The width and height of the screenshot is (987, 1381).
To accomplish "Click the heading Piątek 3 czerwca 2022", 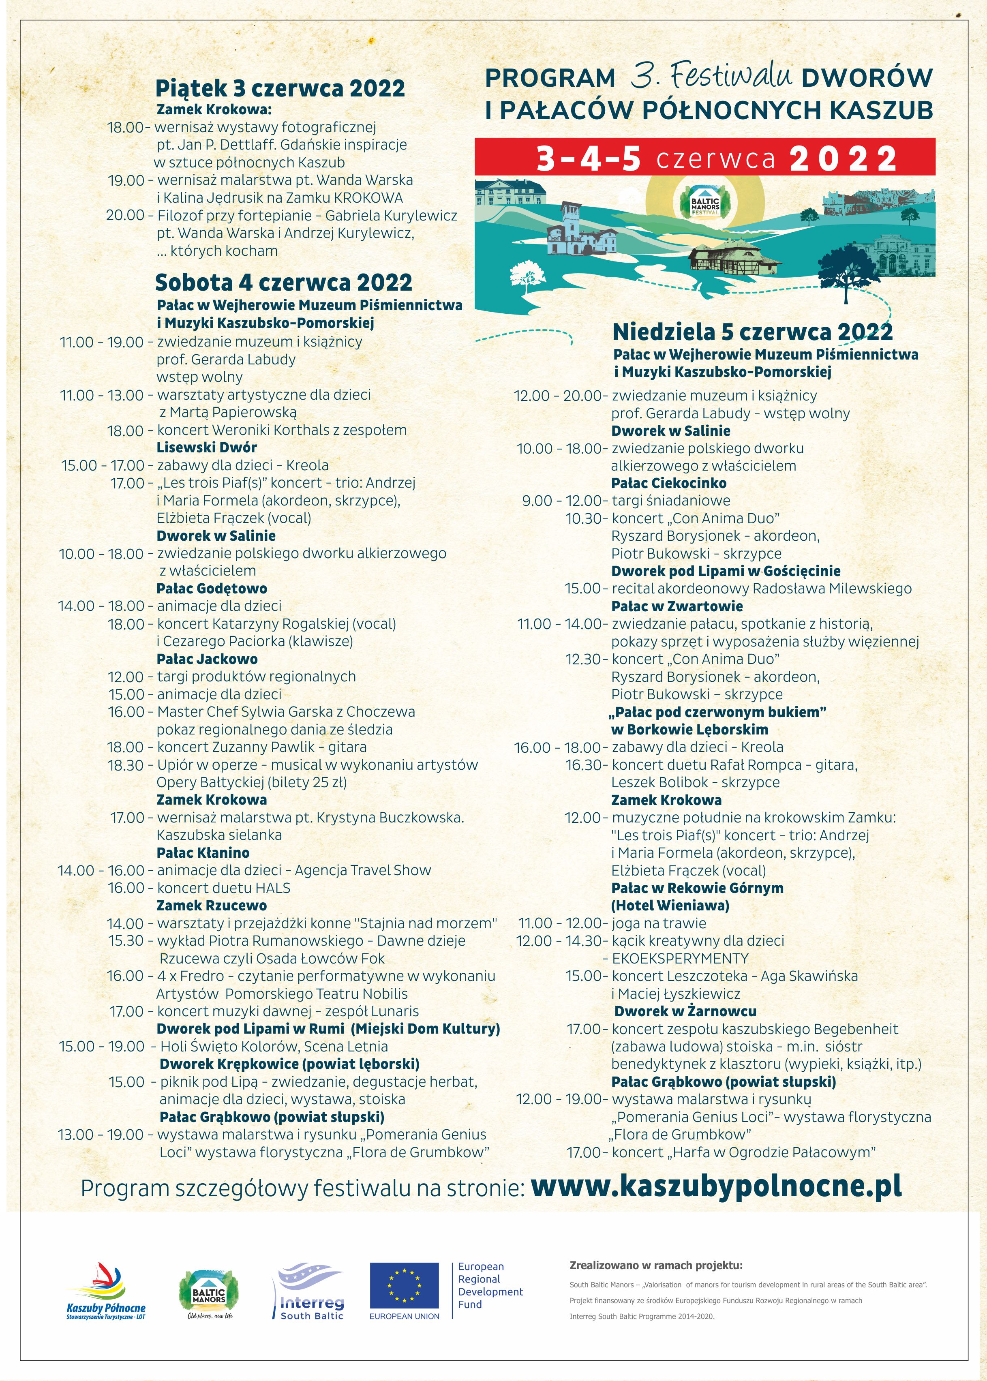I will (280, 89).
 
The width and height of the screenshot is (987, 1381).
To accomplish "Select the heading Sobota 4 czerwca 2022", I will (283, 283).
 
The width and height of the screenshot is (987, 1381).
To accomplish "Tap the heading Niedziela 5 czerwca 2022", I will (752, 332).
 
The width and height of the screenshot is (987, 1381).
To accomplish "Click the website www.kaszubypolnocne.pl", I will (716, 1186).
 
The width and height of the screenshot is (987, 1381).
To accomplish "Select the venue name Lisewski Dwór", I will (207, 448).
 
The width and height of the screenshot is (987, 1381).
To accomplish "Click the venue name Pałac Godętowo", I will (212, 589).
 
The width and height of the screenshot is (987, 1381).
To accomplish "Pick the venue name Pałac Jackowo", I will (207, 659).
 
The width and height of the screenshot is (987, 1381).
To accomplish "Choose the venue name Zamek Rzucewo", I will (212, 906).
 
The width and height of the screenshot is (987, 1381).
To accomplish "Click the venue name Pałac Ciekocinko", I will (668, 483).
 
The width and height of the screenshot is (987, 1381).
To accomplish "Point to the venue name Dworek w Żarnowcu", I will (685, 1011).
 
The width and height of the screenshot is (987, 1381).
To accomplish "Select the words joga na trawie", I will (659, 923).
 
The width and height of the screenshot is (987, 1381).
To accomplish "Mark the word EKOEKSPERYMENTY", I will (680, 959).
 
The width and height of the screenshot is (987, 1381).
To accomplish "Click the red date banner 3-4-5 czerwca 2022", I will (704, 157).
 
